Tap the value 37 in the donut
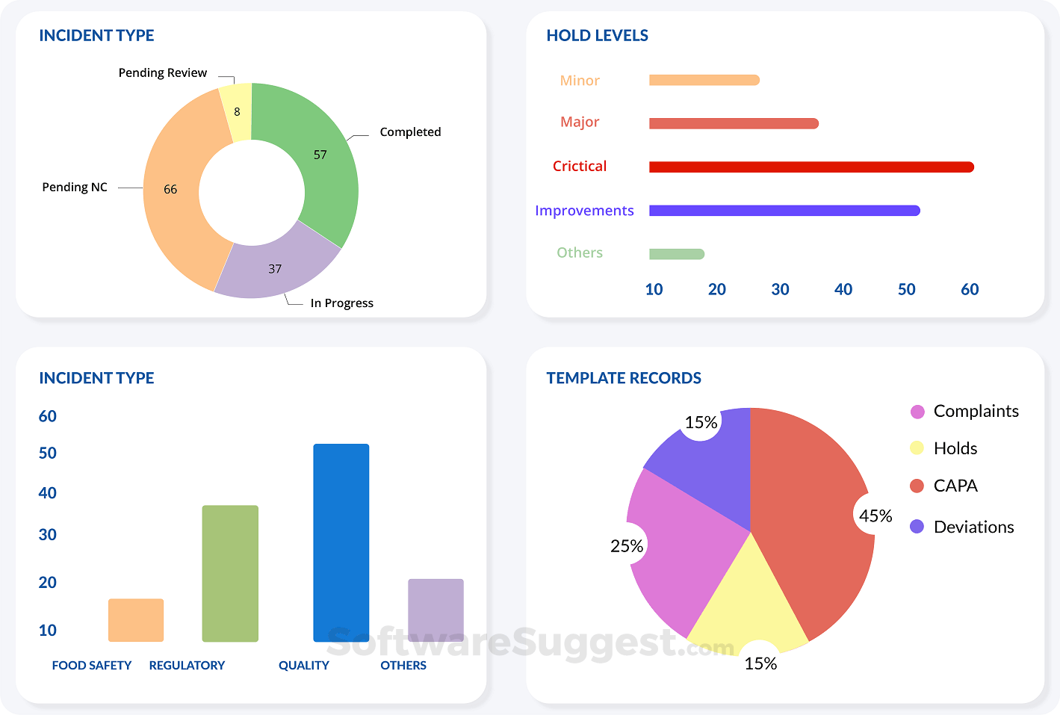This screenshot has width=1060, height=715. click(x=275, y=269)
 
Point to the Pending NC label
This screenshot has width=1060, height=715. click(x=75, y=188)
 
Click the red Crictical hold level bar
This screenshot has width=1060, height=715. click(x=811, y=167)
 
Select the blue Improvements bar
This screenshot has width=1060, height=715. click(x=784, y=211)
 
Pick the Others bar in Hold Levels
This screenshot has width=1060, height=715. click(x=676, y=254)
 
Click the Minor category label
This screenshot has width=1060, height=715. click(x=580, y=81)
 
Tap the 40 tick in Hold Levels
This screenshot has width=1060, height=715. click(x=843, y=290)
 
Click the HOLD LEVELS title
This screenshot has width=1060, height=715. click(x=597, y=36)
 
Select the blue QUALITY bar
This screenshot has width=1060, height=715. click(x=341, y=542)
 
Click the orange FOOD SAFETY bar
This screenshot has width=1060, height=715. click(x=136, y=620)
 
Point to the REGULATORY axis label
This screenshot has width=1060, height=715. click(x=187, y=666)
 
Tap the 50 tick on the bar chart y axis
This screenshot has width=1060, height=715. click(x=48, y=454)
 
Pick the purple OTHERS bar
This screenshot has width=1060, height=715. click(x=436, y=610)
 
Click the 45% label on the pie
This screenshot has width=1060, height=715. click(x=875, y=516)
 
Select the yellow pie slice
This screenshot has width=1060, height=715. click(x=747, y=598)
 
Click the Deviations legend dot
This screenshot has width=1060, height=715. click(x=917, y=527)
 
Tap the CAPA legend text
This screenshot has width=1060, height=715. click(x=955, y=486)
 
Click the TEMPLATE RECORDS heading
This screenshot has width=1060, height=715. click(x=624, y=378)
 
